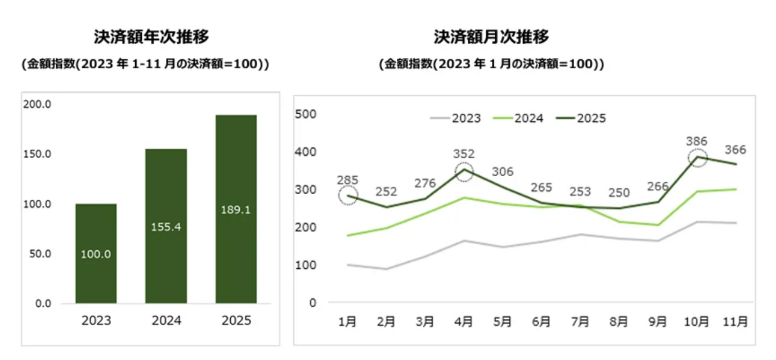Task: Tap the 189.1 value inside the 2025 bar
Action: point(236,210)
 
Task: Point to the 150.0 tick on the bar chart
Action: point(37,154)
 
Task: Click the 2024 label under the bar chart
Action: point(166,320)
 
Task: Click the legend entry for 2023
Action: point(456,118)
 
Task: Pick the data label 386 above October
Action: point(696,141)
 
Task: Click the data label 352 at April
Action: point(463,154)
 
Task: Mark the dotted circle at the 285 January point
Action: point(348,196)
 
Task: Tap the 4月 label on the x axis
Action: point(463,321)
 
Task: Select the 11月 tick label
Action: point(735,321)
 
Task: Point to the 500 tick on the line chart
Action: point(306,114)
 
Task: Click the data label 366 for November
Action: point(735,150)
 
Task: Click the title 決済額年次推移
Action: point(151,37)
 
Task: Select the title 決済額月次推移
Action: point(491,37)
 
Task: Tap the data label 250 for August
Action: point(618,193)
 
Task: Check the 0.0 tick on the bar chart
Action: point(43,304)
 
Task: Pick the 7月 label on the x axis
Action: point(580,321)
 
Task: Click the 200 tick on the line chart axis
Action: point(306,227)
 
